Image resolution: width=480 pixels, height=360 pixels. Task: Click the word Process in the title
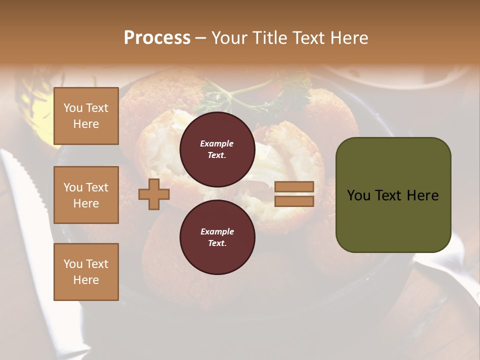(157, 37)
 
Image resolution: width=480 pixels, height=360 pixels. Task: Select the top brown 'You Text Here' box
(86, 116)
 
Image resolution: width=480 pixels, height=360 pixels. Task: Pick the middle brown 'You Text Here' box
(86, 195)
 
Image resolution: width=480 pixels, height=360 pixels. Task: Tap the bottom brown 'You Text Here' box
(86, 272)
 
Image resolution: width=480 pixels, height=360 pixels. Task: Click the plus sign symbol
(154, 194)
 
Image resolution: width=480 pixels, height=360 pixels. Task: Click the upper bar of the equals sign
(294, 186)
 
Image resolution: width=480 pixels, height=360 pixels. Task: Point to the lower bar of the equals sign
(294, 201)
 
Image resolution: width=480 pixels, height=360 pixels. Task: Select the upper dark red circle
(217, 149)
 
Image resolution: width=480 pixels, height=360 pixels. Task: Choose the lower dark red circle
(217, 237)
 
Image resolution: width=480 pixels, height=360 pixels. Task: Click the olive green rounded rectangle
(393, 195)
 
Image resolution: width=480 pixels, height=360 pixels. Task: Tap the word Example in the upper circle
(217, 143)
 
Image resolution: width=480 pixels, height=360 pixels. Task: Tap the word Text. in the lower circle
(217, 243)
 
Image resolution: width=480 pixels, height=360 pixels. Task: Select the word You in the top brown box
(73, 108)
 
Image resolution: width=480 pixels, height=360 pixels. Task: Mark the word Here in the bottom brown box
(86, 280)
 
